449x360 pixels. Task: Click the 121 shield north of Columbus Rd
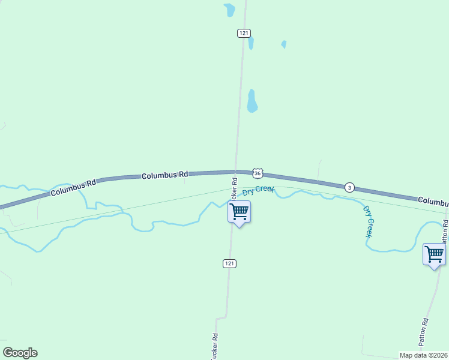pos(243,33)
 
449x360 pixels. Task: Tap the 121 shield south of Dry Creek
pos(229,263)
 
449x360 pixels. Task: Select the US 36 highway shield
pos(258,173)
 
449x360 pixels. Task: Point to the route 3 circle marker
pos(349,188)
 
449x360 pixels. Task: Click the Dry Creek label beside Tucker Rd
pos(258,191)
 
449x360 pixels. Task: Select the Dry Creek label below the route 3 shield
pos(369,221)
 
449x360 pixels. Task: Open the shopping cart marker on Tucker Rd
pos(239,212)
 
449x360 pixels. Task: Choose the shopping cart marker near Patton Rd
pos(434,254)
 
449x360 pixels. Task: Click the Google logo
pos(20,353)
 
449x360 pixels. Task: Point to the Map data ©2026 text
pos(424,355)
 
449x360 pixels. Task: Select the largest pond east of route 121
pos(252,101)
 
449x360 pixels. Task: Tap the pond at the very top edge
pos(229,10)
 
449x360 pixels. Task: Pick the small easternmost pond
pos(283,44)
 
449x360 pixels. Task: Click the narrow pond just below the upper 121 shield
pos(250,43)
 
